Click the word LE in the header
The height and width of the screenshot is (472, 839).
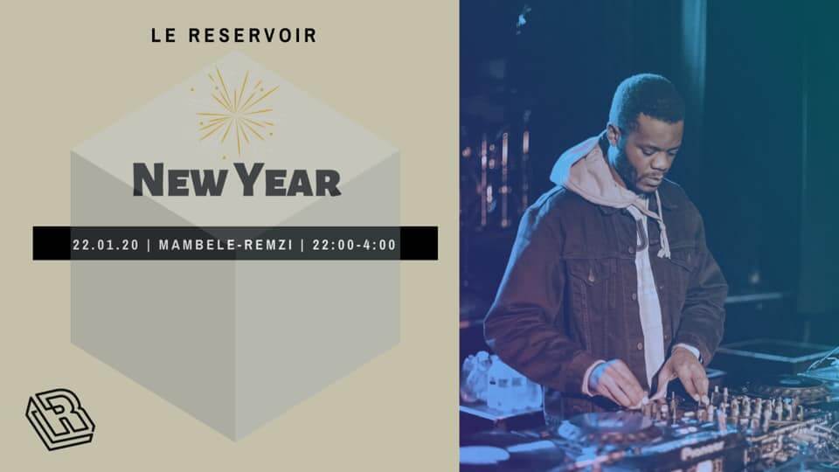(161, 37)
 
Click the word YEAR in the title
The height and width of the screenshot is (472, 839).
(290, 180)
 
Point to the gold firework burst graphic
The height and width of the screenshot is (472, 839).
(237, 112)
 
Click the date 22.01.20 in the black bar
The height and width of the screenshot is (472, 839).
(106, 244)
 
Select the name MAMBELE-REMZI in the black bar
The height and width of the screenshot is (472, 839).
(225, 244)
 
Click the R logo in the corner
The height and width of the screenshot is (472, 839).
(59, 419)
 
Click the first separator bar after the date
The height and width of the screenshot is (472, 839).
(150, 244)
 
